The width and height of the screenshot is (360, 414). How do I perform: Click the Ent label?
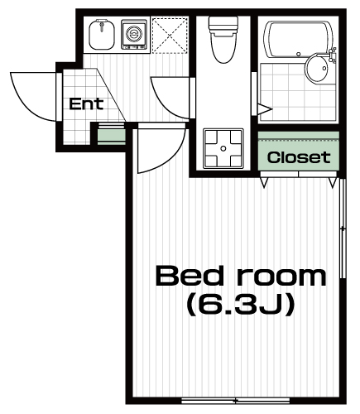[x=86, y=104]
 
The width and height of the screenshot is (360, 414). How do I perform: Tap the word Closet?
[x=299, y=157]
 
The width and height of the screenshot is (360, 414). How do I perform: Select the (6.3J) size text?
[x=239, y=305]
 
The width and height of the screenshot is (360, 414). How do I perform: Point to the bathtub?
[x=298, y=39]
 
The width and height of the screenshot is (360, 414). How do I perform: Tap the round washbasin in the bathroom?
[x=317, y=68]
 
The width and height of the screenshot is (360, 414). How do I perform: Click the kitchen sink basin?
[x=102, y=34]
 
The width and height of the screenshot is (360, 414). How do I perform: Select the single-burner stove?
[x=134, y=34]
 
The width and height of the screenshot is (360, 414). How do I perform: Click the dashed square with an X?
[x=170, y=35]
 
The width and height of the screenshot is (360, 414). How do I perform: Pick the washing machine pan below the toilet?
[x=223, y=148]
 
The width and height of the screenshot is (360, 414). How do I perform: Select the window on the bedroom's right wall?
[x=343, y=229]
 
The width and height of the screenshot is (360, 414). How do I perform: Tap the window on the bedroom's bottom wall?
[x=236, y=400]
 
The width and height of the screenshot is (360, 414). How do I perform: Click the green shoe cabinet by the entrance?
[x=112, y=135]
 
